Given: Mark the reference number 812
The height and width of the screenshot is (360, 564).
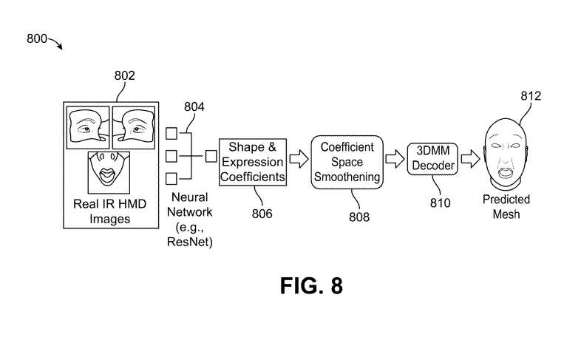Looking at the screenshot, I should click(531, 96).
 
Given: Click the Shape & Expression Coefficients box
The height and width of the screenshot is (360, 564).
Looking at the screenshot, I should click(251, 161).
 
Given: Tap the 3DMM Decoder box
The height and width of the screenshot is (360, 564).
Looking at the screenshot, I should click(433, 160).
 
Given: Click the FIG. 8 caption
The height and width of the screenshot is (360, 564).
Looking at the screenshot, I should click(311, 285).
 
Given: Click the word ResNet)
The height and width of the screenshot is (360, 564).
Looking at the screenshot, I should click(192, 242).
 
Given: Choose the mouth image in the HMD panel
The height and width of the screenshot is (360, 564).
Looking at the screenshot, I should click(109, 171).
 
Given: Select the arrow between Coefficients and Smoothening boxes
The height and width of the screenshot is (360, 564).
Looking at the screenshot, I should click(299, 158).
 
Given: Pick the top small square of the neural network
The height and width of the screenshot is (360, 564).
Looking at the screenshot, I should click(171, 134).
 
